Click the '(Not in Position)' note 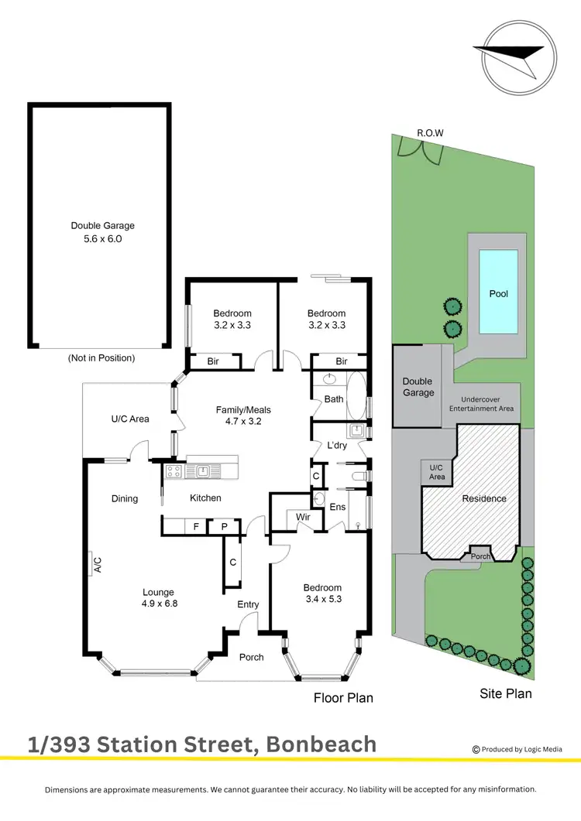point(101,358)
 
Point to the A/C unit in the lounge point(93,564)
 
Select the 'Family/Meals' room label point(242,416)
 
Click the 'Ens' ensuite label point(338,508)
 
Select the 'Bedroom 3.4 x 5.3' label point(321,593)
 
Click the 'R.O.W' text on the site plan point(430,133)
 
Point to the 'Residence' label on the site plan point(483,499)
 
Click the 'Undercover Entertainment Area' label point(482,404)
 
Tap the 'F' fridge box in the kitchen point(197,526)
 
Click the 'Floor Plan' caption point(343,698)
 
